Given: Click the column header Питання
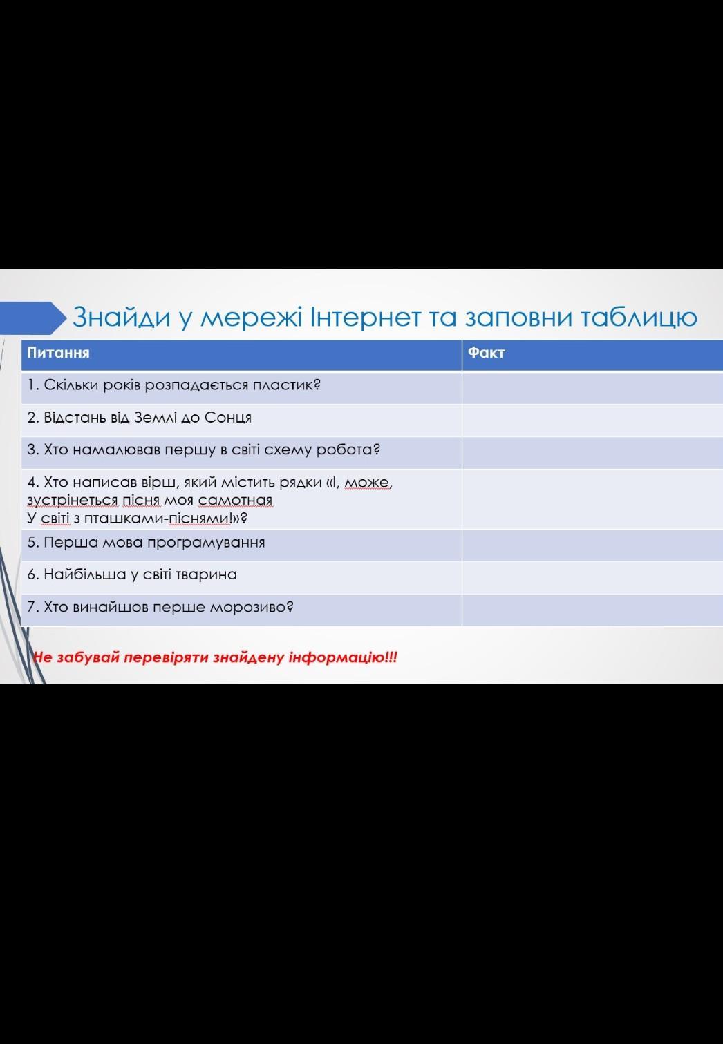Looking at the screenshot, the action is pyautogui.click(x=58, y=352).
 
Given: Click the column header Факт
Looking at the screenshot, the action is pyautogui.click(x=486, y=352).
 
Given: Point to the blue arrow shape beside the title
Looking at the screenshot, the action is pyautogui.click(x=32, y=318).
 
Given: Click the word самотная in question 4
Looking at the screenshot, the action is pyautogui.click(x=235, y=500).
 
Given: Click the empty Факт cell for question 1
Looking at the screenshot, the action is pyautogui.click(x=592, y=388).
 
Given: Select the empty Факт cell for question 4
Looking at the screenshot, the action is pyautogui.click(x=592, y=499).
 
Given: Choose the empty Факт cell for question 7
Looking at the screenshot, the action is pyautogui.click(x=592, y=610).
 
